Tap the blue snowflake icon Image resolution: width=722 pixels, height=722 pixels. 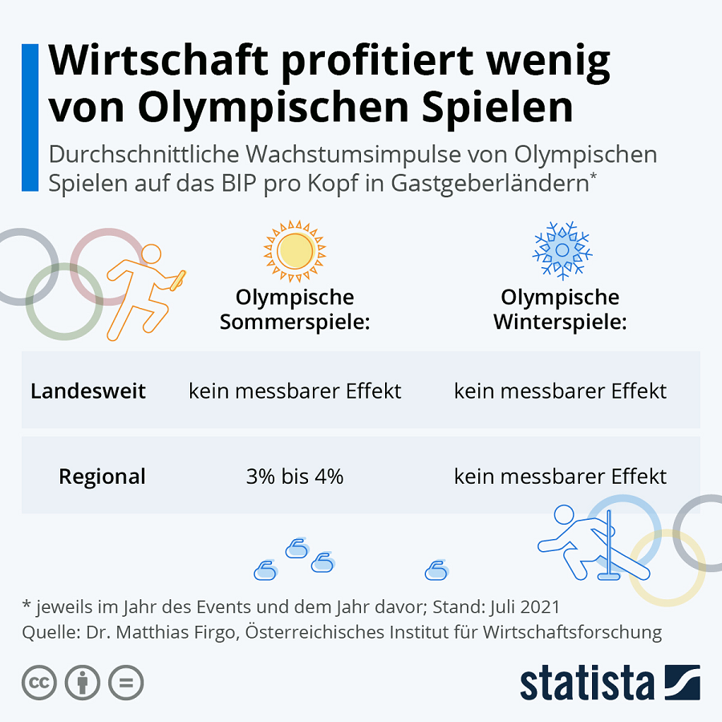562,249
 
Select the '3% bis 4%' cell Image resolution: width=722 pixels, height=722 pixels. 294,477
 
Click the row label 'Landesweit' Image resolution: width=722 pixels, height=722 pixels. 88,391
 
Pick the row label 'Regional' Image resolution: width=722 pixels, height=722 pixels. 102,477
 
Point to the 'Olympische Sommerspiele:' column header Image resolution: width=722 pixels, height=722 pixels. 294,310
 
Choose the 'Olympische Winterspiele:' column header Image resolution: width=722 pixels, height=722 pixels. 560,310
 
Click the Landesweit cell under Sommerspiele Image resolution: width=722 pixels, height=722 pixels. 294,391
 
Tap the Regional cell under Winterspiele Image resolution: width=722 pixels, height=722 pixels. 560,477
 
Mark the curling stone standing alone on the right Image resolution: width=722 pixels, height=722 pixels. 436,570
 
